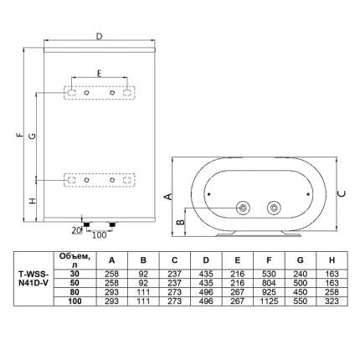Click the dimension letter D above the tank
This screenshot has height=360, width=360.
[x=100, y=37]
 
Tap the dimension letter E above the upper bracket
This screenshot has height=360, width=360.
[x=99, y=73]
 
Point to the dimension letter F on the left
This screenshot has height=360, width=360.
[x=19, y=135]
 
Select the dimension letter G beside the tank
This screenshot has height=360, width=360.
[x=33, y=136]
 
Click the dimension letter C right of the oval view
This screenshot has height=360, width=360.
[x=342, y=193]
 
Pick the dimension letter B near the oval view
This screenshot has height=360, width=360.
[x=181, y=222]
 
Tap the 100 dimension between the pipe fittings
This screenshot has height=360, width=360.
[x=100, y=235]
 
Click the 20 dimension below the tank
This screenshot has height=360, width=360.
[x=76, y=230]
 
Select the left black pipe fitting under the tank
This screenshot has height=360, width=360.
[x=87, y=224]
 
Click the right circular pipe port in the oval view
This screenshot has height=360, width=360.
[x=274, y=208]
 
